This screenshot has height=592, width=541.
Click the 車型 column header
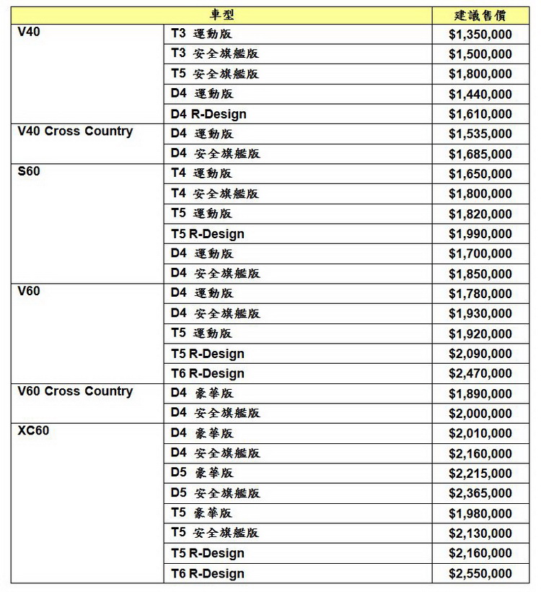pyautogui.click(x=222, y=15)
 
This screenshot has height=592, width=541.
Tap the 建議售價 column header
pyautogui.click(x=481, y=15)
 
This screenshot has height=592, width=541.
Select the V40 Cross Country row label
pyautogui.click(x=75, y=131)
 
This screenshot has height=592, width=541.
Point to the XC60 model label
pyautogui.click(x=33, y=431)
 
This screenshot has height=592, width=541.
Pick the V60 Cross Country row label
pyautogui.click(x=75, y=391)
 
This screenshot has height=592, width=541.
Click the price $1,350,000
pyautogui.click(x=480, y=34)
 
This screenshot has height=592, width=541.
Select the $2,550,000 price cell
pyautogui.click(x=480, y=574)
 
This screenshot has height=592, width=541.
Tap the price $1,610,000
pyautogui.click(x=480, y=114)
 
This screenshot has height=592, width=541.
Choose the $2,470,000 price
pyautogui.click(x=480, y=374)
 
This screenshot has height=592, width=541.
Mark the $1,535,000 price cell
pyautogui.click(x=480, y=134)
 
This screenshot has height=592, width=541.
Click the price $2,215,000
pyautogui.click(x=480, y=474)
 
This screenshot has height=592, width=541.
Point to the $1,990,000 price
pyautogui.click(x=480, y=234)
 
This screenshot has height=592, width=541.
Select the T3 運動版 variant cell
pyautogui.click(x=201, y=34)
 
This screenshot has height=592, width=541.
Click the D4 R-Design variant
pyautogui.click(x=208, y=114)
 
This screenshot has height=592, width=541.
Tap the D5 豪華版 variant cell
pyautogui.click(x=202, y=473)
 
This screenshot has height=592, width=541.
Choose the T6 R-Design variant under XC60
pyautogui.click(x=208, y=574)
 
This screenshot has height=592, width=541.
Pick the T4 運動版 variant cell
pyautogui.click(x=201, y=173)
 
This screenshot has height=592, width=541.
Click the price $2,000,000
pyautogui.click(x=480, y=414)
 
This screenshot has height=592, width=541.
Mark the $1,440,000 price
pyautogui.click(x=480, y=94)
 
